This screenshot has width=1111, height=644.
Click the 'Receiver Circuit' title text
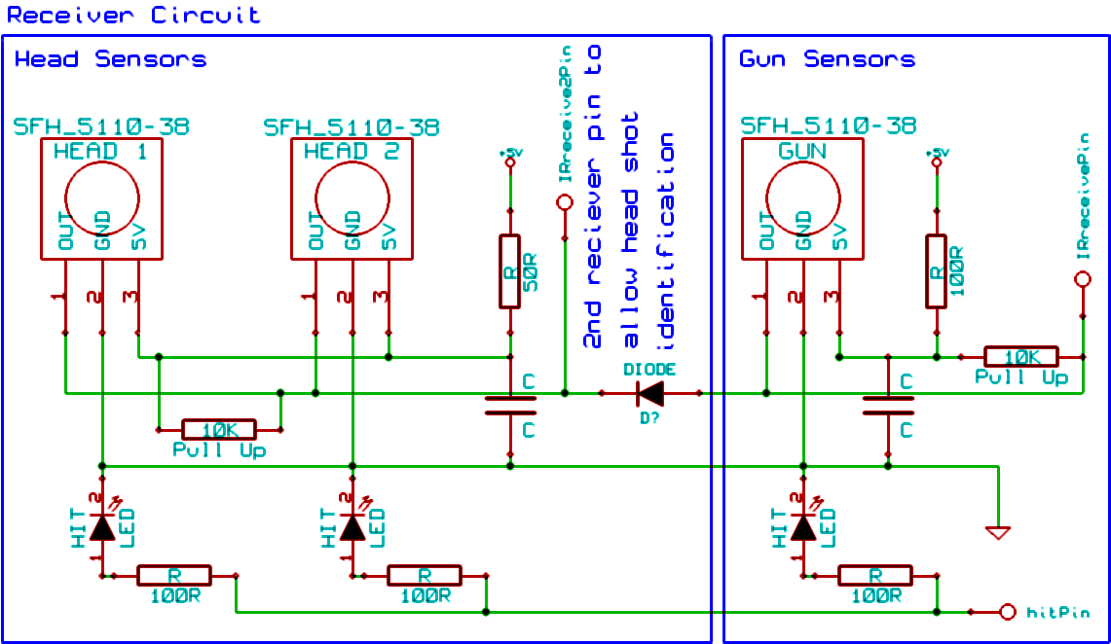134,15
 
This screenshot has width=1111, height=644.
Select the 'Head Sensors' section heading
110,59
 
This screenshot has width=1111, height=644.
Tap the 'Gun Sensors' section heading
827,59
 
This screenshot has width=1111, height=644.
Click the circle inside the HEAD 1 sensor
102,197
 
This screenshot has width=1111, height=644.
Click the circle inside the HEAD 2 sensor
352,197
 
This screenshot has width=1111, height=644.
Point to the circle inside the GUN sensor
802,197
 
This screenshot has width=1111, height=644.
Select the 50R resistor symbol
509,271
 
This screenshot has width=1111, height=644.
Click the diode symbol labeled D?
649,393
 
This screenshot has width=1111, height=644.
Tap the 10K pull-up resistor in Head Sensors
219,429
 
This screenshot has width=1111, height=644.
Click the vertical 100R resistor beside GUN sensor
936,271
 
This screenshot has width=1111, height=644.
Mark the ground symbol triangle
997,532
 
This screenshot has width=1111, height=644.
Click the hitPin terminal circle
1008,612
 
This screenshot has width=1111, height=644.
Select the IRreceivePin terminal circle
1082,279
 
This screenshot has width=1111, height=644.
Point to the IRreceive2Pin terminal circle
564,202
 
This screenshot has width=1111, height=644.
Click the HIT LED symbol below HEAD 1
102,527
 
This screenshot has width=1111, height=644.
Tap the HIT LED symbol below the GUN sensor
802,527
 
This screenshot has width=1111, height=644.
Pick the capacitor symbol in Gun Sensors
887,405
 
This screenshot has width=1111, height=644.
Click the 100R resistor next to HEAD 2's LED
425,576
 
